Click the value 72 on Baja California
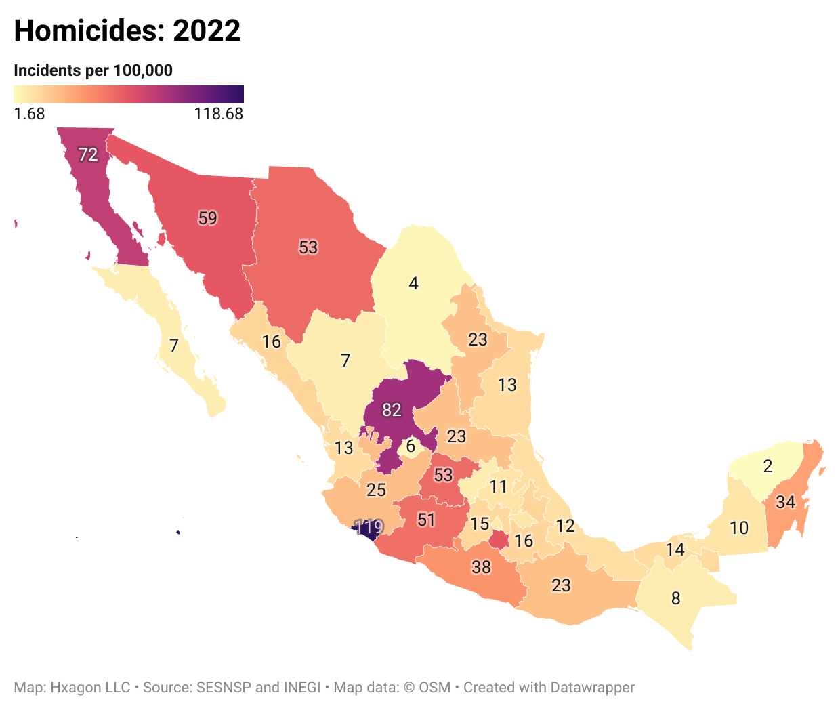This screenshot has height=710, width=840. click(88, 155)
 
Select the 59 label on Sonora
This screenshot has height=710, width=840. click(207, 218)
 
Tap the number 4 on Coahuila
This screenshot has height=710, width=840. click(413, 283)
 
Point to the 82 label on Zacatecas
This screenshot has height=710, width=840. click(392, 410)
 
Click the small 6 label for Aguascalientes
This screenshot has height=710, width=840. click(411, 446)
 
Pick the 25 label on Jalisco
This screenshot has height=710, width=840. click(376, 490)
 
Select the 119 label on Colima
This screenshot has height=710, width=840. click(369, 526)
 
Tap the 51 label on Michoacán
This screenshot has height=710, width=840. click(426, 520)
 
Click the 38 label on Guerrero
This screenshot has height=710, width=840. click(481, 566)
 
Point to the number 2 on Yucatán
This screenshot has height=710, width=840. click(768, 466)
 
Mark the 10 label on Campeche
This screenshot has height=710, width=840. click(739, 528)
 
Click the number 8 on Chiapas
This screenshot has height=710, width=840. click(675, 598)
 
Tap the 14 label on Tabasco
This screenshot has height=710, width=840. click(675, 549)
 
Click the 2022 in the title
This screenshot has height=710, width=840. click(207, 31)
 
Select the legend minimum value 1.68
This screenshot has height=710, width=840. click(29, 114)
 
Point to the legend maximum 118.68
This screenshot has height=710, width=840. click(218, 114)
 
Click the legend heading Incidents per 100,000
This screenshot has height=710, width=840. click(93, 70)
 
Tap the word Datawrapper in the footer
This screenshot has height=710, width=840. click(592, 688)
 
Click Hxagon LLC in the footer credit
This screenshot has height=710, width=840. click(90, 688)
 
